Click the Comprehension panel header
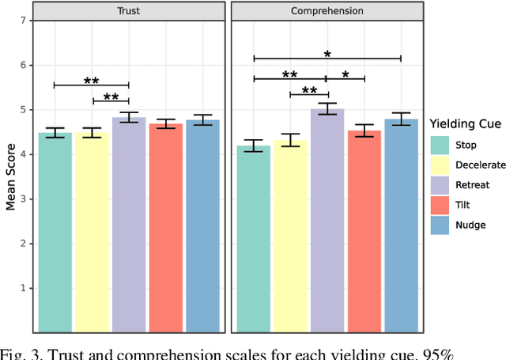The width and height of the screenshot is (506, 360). pyautogui.click(x=327, y=12)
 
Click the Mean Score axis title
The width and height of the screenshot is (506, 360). pyautogui.click(x=10, y=176)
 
